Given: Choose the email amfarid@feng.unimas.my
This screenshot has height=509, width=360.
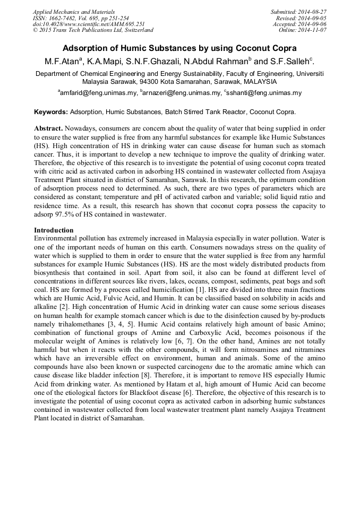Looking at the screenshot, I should [98, 93].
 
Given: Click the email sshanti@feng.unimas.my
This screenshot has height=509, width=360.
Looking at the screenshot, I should [256, 93].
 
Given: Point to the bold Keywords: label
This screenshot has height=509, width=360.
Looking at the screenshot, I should [51, 113].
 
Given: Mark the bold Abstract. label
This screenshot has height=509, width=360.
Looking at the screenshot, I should [49, 129].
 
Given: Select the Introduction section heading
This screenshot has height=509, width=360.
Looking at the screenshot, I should [54, 230].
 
